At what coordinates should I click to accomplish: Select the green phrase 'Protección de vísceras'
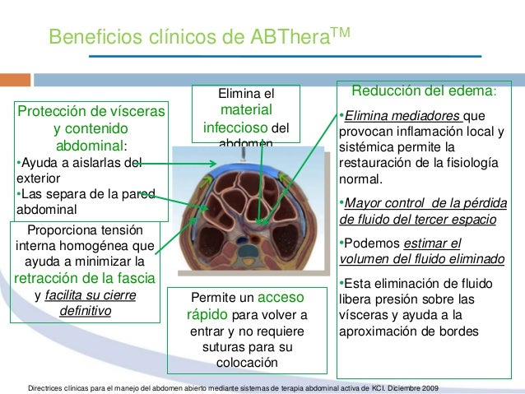(91, 111)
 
